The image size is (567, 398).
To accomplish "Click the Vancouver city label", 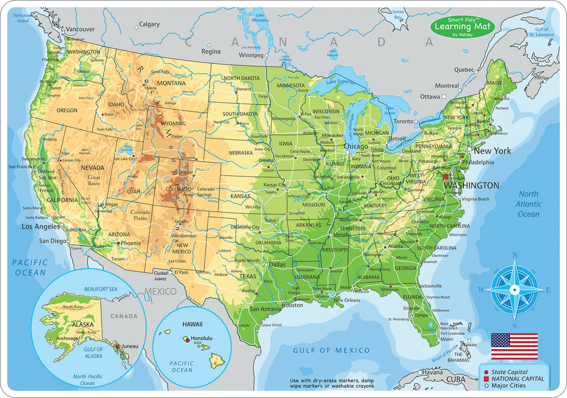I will [80, 29].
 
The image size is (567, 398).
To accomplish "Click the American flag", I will [514, 346].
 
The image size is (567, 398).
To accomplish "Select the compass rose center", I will [514, 290].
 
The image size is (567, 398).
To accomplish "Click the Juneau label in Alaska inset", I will [129, 346].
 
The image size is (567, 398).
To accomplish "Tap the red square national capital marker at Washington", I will [445, 176].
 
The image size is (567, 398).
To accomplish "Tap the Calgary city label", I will [149, 25].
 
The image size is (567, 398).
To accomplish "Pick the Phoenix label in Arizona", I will [132, 243].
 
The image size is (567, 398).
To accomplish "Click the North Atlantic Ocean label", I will [529, 204].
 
